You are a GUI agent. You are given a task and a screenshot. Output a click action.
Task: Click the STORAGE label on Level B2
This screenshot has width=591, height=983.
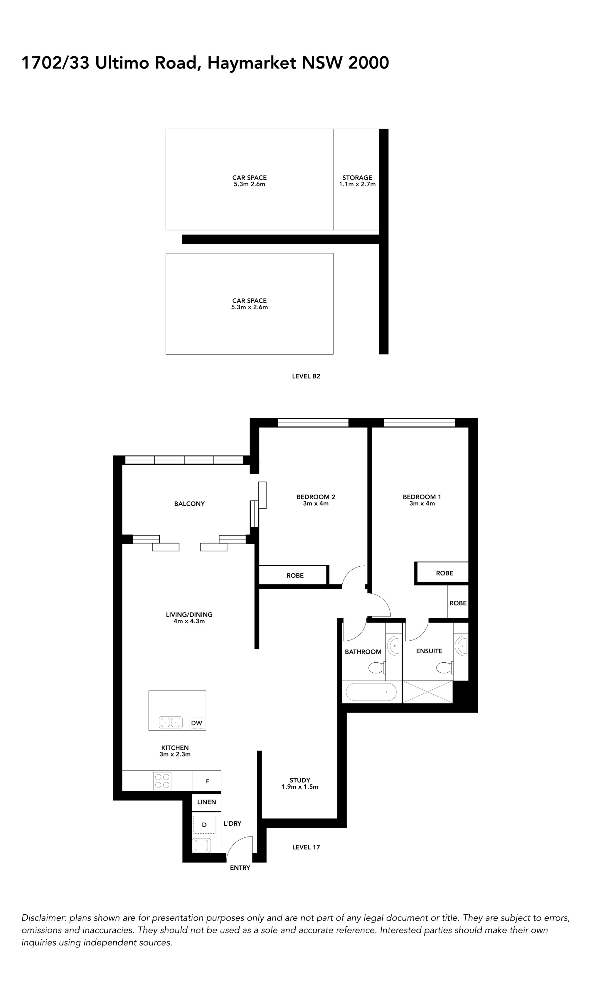(357, 178)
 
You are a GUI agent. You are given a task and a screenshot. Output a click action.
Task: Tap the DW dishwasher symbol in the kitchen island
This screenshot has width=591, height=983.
(197, 723)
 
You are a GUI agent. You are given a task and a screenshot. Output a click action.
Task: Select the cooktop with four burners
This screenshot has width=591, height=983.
(162, 781)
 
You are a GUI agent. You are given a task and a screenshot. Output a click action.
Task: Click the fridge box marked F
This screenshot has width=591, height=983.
(207, 781)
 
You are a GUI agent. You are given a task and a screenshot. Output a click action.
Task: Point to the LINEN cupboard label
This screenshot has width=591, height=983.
(207, 802)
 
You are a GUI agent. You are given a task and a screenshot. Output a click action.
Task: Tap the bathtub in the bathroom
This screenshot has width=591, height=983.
(371, 692)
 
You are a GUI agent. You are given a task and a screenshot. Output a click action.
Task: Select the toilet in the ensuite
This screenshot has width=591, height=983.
(445, 667)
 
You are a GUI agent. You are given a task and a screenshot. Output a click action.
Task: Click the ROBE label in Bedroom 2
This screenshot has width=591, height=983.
(295, 575)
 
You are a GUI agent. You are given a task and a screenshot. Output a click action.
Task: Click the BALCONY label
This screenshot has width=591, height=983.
(190, 504)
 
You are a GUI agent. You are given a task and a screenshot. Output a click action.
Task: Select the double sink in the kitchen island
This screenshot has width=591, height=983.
(171, 722)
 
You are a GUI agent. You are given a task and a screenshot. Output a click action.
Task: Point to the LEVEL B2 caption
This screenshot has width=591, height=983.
(306, 376)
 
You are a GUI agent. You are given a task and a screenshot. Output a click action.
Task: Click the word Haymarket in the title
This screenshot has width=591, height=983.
(252, 63)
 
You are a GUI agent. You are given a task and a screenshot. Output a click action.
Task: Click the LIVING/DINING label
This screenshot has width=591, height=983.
(189, 615)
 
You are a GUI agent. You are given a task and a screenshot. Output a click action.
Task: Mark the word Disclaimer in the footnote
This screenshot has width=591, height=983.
(43, 918)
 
